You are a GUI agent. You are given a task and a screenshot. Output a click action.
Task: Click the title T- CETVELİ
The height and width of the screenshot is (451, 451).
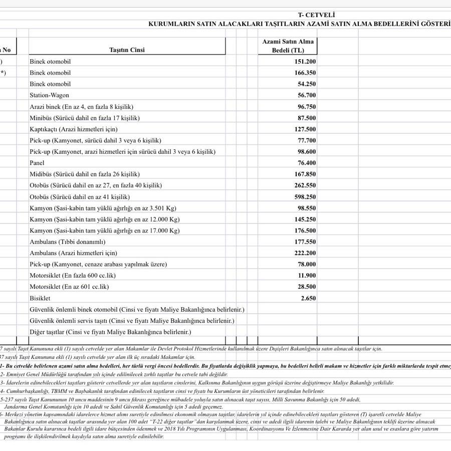pos(316,15)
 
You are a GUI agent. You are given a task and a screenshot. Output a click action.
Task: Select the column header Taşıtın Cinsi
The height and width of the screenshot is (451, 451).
pos(127,50)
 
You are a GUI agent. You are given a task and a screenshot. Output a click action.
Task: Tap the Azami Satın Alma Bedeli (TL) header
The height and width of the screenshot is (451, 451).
pos(288,46)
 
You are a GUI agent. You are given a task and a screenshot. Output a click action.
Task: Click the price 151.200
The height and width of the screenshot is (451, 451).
pos(305,61)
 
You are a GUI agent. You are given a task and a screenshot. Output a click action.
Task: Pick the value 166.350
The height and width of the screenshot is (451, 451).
pos(305,73)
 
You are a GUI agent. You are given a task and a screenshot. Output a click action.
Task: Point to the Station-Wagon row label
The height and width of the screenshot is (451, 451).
pos(49,95)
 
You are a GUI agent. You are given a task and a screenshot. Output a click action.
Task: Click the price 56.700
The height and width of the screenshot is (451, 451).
pos(307,95)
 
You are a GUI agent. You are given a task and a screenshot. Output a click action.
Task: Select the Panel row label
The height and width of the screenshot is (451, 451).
pos(37,163)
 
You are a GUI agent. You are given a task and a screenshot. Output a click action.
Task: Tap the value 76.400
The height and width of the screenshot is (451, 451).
pos(307,163)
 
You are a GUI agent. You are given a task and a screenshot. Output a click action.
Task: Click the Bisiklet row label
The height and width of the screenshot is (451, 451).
pos(40,298)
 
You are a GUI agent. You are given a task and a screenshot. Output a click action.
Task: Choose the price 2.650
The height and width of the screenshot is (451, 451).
pos(308,298)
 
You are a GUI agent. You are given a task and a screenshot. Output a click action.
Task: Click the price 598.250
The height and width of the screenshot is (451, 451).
pos(305,197)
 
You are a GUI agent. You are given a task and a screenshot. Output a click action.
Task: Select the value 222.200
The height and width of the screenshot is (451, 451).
pos(305,253)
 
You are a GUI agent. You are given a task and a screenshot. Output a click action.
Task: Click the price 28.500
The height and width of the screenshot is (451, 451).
pos(307,287)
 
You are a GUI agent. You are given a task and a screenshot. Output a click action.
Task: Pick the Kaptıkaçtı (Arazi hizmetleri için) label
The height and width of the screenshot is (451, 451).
pos(73,129)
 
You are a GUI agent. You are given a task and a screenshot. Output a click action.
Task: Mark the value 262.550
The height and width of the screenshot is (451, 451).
pos(305,185)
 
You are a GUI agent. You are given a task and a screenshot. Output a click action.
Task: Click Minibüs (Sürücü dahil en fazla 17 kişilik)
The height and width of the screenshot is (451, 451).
pos(84,118)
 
